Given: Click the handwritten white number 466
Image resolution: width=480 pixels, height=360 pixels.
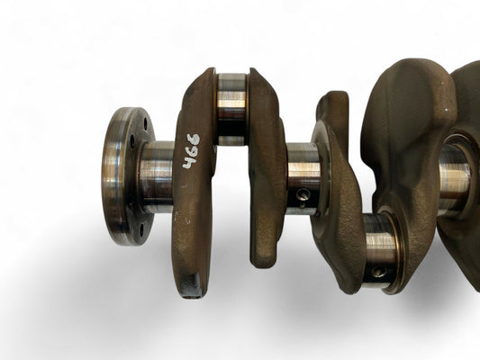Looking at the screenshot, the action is pos(191,151).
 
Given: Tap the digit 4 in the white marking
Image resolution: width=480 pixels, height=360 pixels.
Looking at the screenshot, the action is pos(189,162).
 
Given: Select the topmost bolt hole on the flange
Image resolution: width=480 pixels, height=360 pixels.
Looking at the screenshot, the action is pos(145,123).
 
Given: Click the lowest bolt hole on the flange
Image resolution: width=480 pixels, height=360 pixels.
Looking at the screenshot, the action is pos(141,230).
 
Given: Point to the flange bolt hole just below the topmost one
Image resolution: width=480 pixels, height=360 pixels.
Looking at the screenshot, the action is pos(132,141).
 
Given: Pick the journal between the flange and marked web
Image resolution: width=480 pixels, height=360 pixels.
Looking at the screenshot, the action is pos(157,177).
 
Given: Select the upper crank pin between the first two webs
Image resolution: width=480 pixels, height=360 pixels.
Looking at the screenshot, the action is pos(231,109).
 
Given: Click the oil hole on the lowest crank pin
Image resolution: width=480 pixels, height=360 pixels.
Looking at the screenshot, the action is pos(377,272).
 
